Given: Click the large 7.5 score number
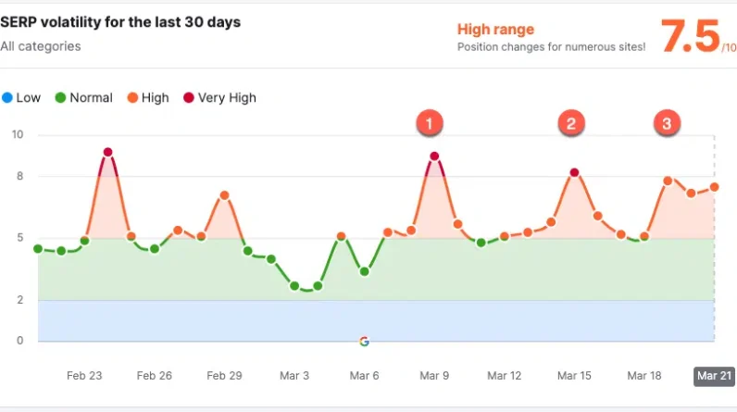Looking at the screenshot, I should tap(690, 37).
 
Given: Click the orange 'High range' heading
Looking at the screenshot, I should tap(495, 30).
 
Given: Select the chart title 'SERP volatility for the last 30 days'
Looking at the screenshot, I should tap(120, 22).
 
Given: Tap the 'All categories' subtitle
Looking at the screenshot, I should tap(41, 45).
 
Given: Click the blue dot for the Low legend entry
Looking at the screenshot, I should tap(7, 97).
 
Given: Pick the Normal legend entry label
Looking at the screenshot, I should tap(91, 97).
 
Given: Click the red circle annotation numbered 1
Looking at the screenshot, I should tap(430, 121).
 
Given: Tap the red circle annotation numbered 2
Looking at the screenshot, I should tap(571, 122).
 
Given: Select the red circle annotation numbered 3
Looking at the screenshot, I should tap(667, 122).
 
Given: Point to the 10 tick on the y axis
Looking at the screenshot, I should tap(17, 135).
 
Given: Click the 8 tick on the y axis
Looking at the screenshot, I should tap(19, 176).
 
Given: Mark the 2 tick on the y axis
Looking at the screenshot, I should tap(19, 300).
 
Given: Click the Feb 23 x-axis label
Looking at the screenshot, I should tap(84, 376).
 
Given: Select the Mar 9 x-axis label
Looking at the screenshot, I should tap(434, 376).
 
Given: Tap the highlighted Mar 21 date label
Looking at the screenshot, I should tap(714, 376).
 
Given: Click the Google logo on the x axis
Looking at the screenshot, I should tap(364, 341).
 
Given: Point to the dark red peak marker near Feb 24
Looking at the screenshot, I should tap(107, 152).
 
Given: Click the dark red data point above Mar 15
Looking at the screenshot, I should tap(574, 172).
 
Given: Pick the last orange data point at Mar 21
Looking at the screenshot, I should tap(714, 187).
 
